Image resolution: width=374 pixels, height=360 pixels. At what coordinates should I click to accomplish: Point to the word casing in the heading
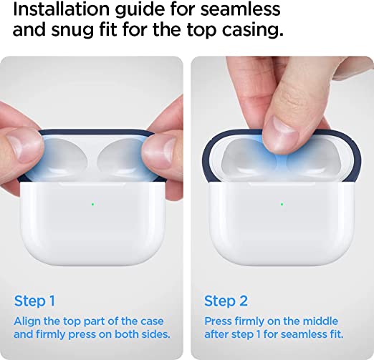[249, 31]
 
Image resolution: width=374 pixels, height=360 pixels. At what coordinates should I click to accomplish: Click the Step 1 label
[34, 301]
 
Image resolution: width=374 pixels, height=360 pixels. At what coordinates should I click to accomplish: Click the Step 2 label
[225, 301]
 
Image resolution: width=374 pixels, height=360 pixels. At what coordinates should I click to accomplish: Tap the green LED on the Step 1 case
[93, 204]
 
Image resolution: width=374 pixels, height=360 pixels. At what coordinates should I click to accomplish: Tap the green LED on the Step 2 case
[281, 204]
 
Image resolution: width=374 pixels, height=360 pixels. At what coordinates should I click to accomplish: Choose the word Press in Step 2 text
[219, 321]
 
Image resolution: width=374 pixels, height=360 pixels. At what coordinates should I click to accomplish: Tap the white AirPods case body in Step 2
[281, 229]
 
